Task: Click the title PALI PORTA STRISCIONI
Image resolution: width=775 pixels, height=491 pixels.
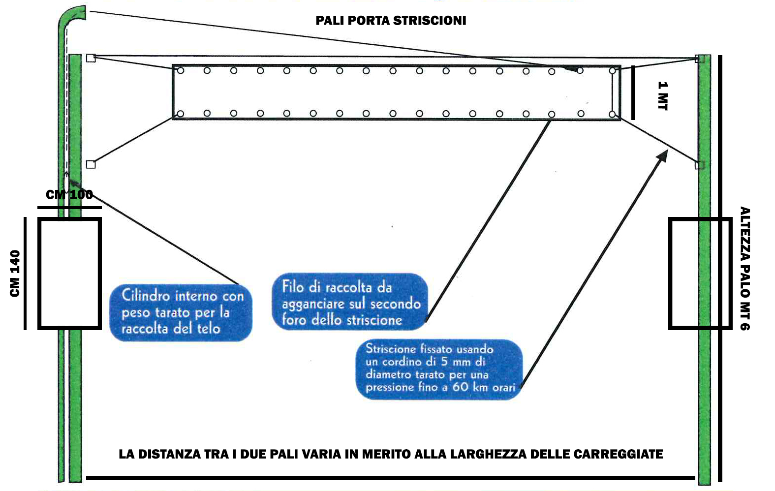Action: coord(391,20)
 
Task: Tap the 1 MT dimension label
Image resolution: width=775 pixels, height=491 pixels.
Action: coord(662,96)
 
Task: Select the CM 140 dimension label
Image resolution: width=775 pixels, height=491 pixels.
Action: coord(15,274)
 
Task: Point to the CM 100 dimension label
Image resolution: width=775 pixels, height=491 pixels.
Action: coord(69,194)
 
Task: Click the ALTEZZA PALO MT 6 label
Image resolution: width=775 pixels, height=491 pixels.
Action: coord(744,269)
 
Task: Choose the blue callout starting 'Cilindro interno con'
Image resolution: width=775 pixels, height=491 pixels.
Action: coord(181,312)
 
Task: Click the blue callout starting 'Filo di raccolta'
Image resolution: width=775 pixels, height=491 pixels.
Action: coord(350,302)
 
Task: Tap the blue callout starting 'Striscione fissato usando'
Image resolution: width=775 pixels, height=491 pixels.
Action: coord(439,369)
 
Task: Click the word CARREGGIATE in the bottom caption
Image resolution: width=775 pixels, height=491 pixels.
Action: coord(618,454)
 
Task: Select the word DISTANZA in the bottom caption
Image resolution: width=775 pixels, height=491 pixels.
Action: coord(170,454)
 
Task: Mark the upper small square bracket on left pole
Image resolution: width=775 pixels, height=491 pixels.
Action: coord(91,58)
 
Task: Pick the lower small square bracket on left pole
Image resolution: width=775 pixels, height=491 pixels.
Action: coord(91,164)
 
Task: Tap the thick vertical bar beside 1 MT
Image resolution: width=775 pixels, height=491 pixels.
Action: coord(633,92)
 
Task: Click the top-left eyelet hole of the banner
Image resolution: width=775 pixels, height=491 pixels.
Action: coord(180,70)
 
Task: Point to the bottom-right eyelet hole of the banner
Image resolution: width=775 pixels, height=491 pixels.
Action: coord(612,114)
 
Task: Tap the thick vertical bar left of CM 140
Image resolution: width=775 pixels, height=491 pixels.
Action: coord(25,274)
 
